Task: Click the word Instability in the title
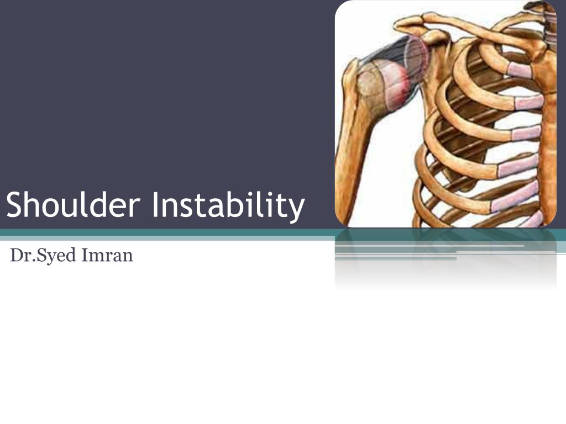(228, 205)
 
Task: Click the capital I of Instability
(155, 205)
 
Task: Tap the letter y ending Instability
(296, 208)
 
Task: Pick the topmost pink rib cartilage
(520, 70)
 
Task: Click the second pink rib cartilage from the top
(529, 102)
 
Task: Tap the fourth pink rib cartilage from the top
(517, 166)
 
